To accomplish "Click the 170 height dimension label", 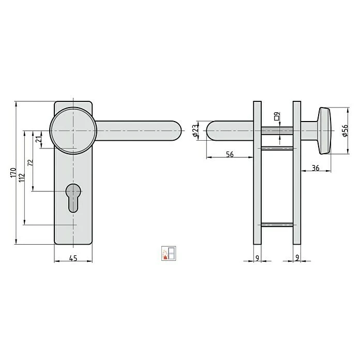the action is pos(13,173).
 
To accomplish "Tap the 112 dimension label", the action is pos(22,178).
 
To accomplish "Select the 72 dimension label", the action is pos(31,163).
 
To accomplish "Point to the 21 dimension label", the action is pos(39,139).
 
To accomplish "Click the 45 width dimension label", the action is pos(73,258).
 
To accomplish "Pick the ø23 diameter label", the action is pos(195,131).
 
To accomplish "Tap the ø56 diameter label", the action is pos(345,131).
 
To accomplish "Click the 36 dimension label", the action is pos(316,168).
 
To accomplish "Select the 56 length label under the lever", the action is pos(230,155).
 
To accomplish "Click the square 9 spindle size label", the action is pos(277,116).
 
